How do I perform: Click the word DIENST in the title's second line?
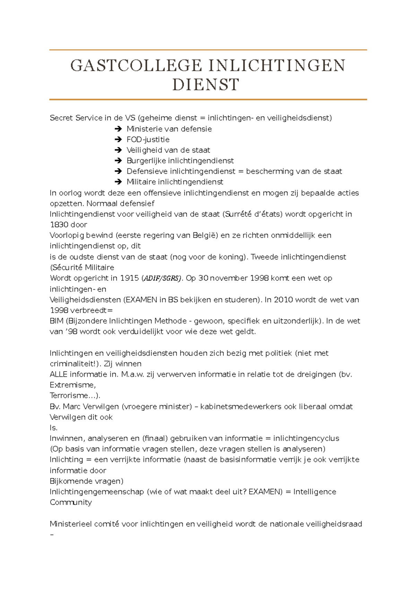coord(206,85)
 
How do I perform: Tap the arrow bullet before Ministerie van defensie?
coord(118,129)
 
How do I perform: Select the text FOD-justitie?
coord(148,139)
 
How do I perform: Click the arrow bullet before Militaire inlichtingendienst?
coord(118,182)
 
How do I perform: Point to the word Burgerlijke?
coord(146,161)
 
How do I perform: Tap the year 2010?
coord(283,300)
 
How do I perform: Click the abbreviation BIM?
coord(56,321)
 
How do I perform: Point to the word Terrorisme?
coord(69,395)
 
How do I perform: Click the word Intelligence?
coord(314,492)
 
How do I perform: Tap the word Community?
coord(71,502)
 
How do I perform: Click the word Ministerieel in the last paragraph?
coord(71,524)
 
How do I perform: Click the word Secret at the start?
coord(61,118)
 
